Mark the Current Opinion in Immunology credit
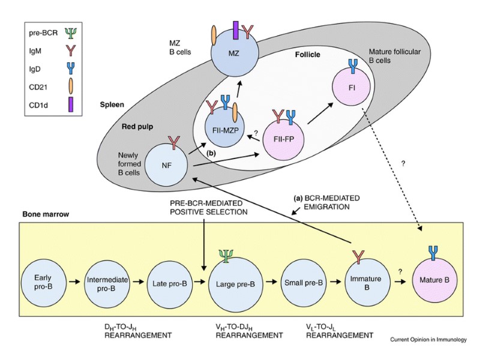(429, 340)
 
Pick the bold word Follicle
(307, 55)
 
